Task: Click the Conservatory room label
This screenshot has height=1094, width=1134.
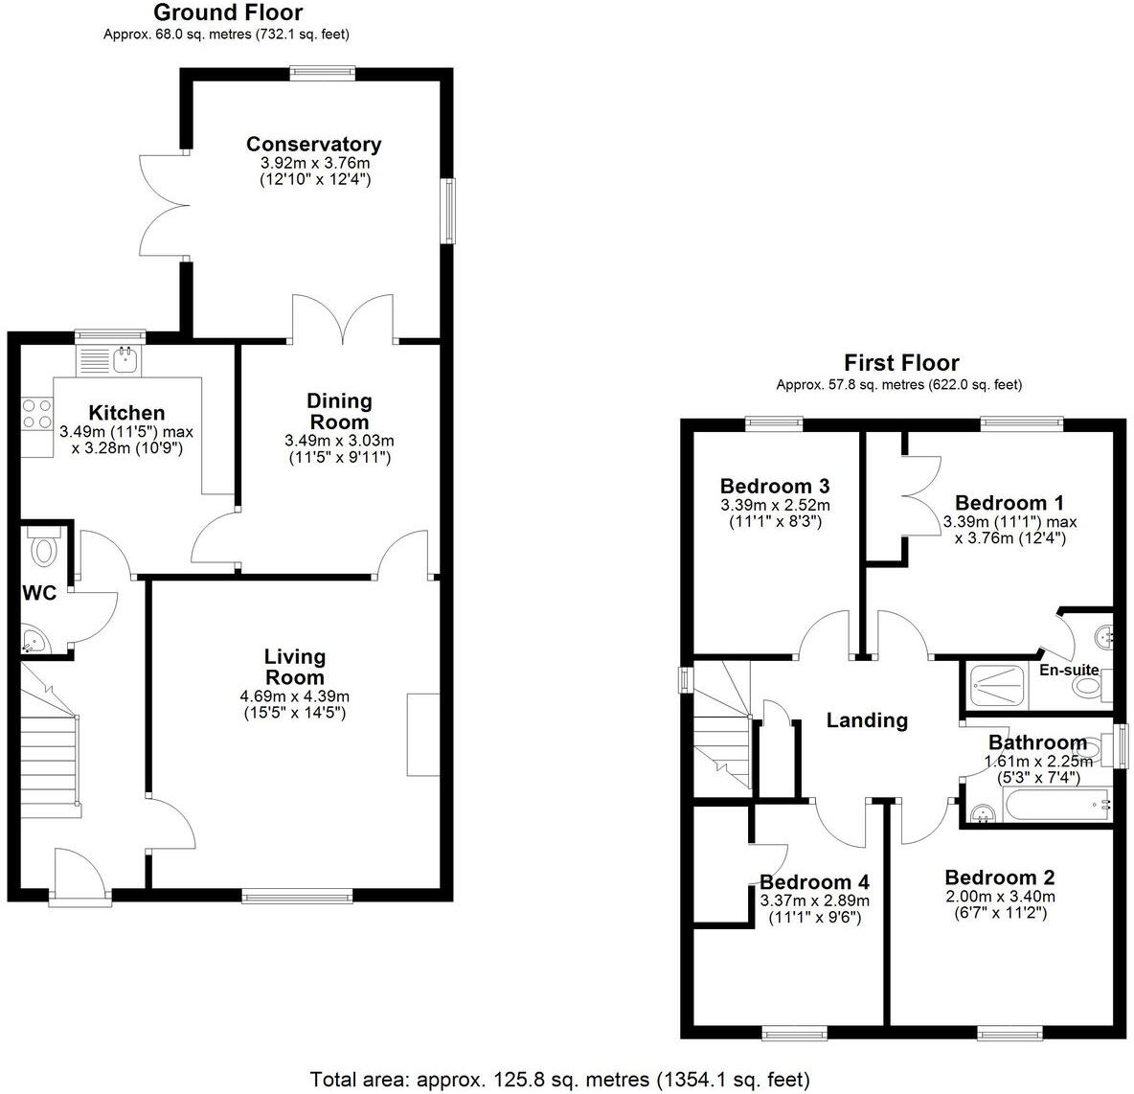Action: point(313,145)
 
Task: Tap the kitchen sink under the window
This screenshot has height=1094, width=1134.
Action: point(125,360)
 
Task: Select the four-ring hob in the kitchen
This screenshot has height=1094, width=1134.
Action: point(37,414)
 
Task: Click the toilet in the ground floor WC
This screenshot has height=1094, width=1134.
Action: point(44,549)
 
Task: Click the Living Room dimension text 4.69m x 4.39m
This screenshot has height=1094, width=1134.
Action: point(295,696)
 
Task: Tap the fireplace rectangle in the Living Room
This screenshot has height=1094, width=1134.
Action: point(421,734)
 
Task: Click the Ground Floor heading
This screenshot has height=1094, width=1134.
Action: point(227,12)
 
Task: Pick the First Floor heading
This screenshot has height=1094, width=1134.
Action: point(900,363)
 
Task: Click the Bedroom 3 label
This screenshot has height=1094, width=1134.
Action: point(775,486)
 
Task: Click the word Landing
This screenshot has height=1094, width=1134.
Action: point(867,720)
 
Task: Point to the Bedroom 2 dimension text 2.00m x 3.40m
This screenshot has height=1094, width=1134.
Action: point(999,897)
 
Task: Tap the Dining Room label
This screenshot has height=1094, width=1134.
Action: point(339,412)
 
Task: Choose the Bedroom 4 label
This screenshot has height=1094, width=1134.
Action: point(814,882)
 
